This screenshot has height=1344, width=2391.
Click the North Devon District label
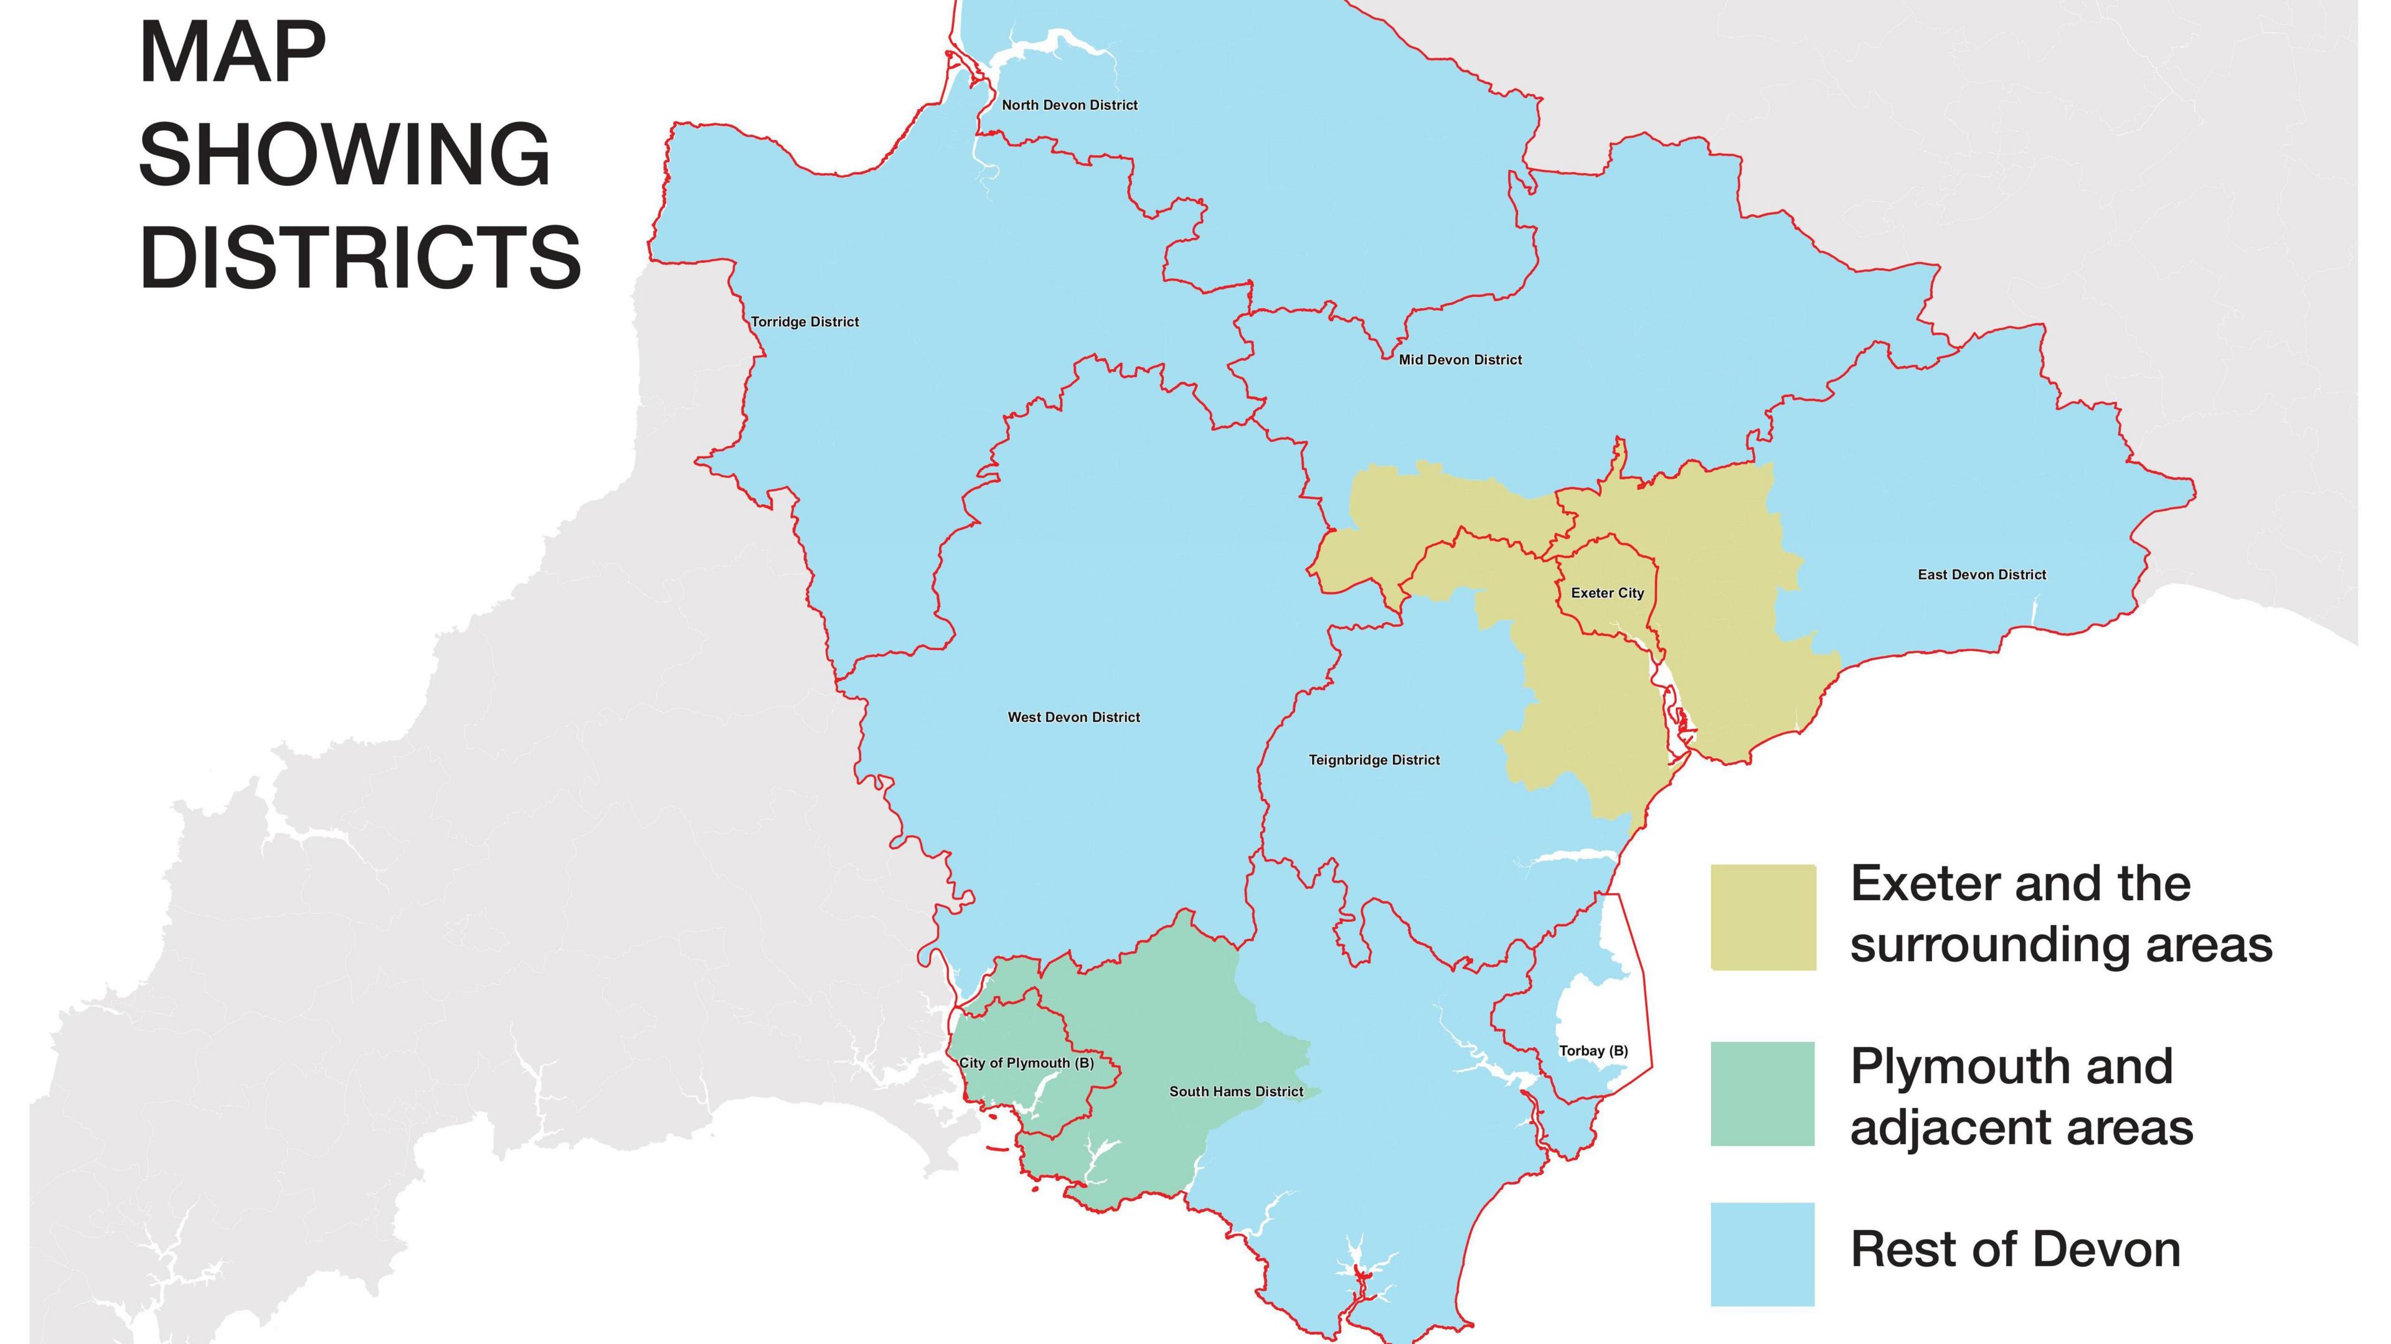click(1069, 105)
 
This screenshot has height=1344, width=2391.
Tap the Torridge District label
click(804, 322)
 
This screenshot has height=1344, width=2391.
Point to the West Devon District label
click(1074, 718)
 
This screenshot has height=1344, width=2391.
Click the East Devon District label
click(1982, 575)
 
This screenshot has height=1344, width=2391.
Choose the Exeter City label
click(1606, 593)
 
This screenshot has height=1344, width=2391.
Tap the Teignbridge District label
click(1374, 760)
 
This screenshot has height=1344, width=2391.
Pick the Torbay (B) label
click(1593, 1051)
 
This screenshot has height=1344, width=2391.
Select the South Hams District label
click(1235, 1091)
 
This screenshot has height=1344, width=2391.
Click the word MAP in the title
click(232, 53)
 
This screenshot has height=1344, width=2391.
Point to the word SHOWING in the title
click(344, 154)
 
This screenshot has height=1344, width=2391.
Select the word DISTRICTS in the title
click(360, 256)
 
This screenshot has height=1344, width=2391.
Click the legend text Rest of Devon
click(2015, 1249)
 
